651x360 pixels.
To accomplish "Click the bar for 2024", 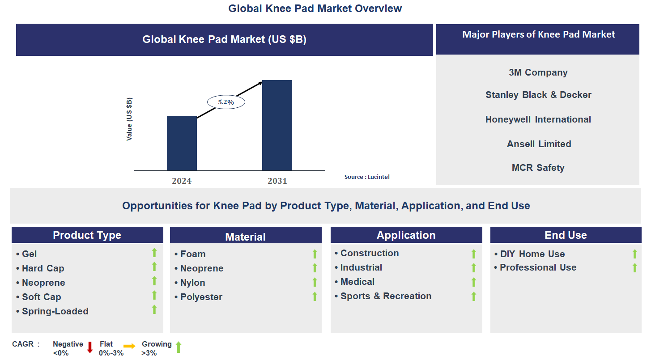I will [x=182, y=143].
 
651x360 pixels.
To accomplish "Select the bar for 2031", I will [x=277, y=125].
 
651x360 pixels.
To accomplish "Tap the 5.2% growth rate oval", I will [x=226, y=102].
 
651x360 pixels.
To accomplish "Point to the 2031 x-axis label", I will [x=277, y=181].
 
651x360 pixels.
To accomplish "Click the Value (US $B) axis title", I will [x=129, y=119].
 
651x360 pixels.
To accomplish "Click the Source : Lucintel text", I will [x=367, y=177].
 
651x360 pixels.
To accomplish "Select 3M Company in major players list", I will [x=538, y=72].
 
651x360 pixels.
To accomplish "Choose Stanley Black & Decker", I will [x=538, y=95].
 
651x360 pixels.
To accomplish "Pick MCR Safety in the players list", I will [x=538, y=168].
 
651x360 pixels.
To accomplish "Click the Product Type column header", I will [x=87, y=235].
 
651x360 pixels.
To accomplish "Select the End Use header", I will [x=566, y=235].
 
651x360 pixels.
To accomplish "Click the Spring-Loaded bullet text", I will [x=55, y=311].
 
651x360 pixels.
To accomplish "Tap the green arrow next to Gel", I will [x=154, y=253].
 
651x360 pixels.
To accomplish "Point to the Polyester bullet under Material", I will [x=201, y=297].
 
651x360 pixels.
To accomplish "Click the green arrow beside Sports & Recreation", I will [x=474, y=296].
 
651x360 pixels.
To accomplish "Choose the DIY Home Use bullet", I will [x=532, y=254].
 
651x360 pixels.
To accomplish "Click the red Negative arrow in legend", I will [x=90, y=347].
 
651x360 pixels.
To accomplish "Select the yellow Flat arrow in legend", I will [x=129, y=346].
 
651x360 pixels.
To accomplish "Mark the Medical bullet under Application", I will [x=357, y=282].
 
